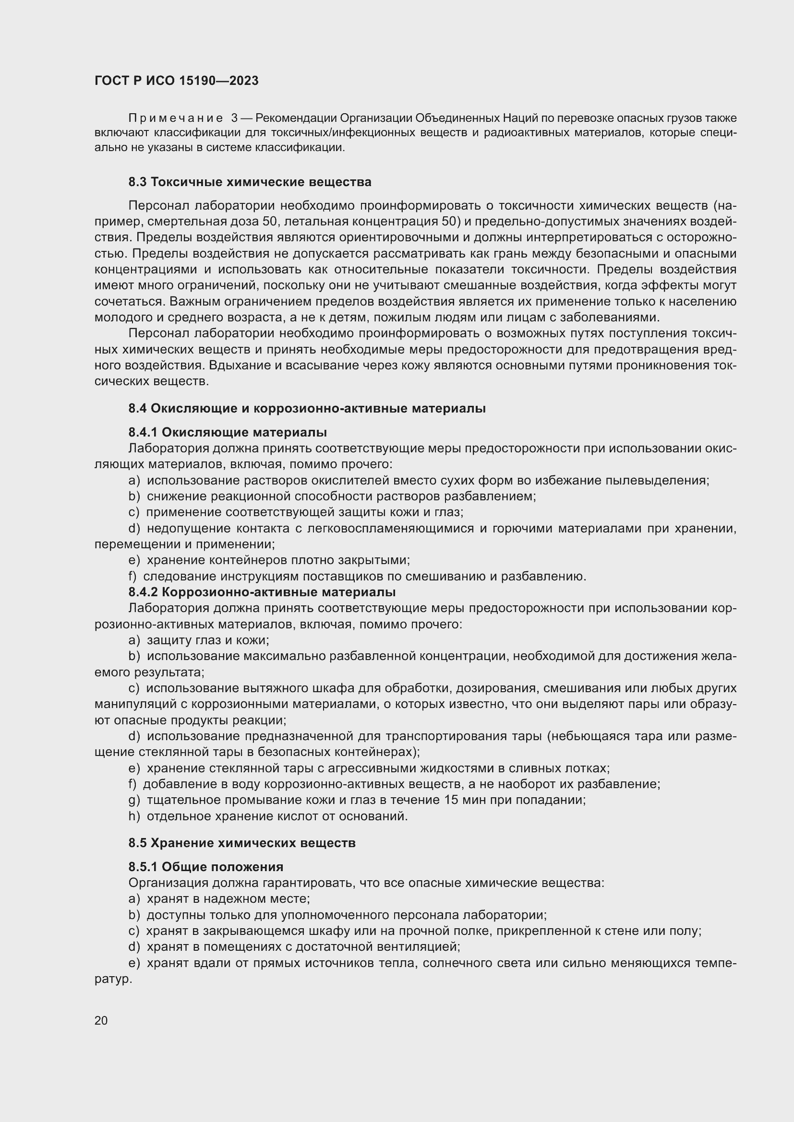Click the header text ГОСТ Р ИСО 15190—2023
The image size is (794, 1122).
(x=176, y=81)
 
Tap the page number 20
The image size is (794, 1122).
(x=101, y=1020)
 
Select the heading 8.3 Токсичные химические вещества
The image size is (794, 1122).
(x=250, y=182)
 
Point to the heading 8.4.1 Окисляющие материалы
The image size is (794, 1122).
(x=228, y=433)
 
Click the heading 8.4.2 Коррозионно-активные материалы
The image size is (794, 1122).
(x=262, y=592)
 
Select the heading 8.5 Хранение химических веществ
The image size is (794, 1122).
(x=242, y=843)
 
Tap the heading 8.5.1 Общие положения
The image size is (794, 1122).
(x=206, y=867)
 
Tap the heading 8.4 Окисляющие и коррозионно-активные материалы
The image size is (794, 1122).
(x=307, y=409)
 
